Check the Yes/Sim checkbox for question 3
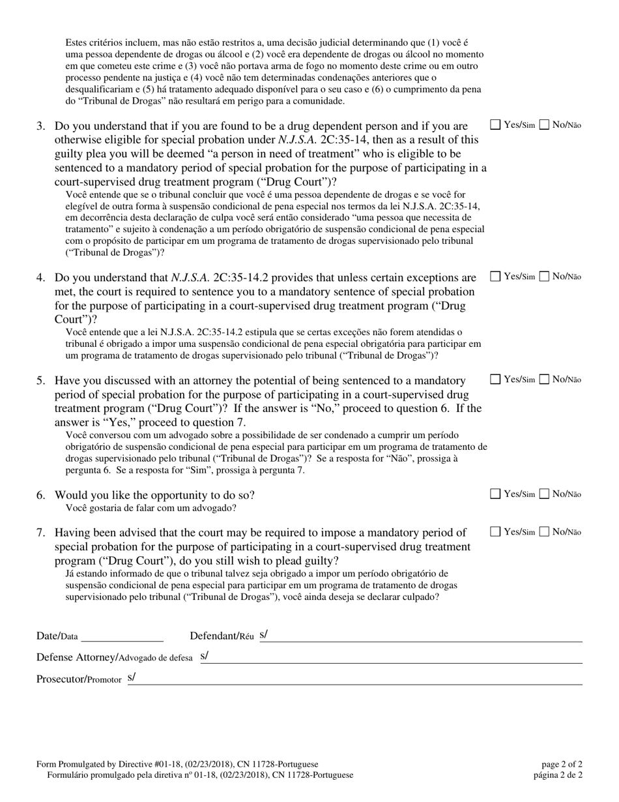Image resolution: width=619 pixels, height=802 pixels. pos(495,125)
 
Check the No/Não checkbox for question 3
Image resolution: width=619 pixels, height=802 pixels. pos(545,125)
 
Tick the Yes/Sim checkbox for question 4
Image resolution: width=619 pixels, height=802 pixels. pos(495,276)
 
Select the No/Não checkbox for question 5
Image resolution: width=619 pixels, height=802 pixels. pos(545,379)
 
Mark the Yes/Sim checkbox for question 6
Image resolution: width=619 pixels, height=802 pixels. pos(495,494)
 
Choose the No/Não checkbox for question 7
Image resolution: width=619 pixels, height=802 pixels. pos(545,531)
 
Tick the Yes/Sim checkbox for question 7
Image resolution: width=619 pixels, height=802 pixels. pos(495,531)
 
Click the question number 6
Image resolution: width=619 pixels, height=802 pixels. pos(40,495)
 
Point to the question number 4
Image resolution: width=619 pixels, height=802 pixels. pos(40,277)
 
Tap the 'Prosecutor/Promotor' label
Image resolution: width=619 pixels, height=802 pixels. pos(79,679)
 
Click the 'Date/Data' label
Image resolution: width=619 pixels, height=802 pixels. pos(57,636)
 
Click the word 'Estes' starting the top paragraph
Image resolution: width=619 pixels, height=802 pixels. pos(77,42)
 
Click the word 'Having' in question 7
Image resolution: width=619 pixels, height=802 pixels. pos(72,533)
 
